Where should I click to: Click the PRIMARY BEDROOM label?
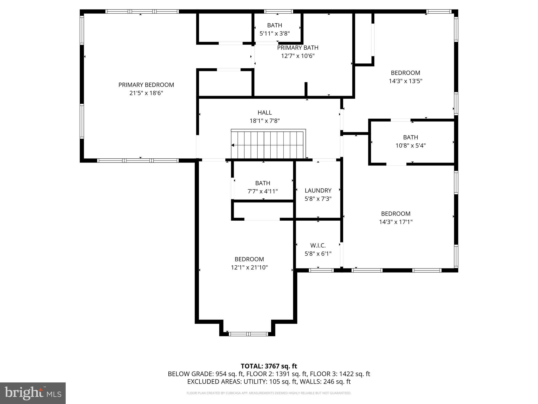pos(146,85)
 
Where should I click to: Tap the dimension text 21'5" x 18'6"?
pos(146,93)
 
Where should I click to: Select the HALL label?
pos(265,113)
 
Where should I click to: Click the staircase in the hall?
pos(268,145)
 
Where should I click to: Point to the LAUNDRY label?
pos(318,190)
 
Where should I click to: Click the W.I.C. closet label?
pos(318,245)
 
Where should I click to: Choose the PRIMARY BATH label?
pos(298,48)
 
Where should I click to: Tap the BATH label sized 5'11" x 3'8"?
pos(275,25)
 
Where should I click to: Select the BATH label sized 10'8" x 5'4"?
pos(410,137)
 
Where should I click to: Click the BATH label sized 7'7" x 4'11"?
pos(263,183)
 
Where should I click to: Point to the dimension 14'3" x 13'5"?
pos(405,81)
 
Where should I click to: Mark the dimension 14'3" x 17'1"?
pos(396,222)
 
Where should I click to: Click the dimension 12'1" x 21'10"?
pos(249,267)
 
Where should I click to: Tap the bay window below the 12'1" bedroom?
pos(248,334)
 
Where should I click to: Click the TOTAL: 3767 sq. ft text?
pos(269,366)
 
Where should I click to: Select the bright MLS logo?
pos(33,393)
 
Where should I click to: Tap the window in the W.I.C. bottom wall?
pos(321,270)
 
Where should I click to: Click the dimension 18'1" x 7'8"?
pos(265,121)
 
